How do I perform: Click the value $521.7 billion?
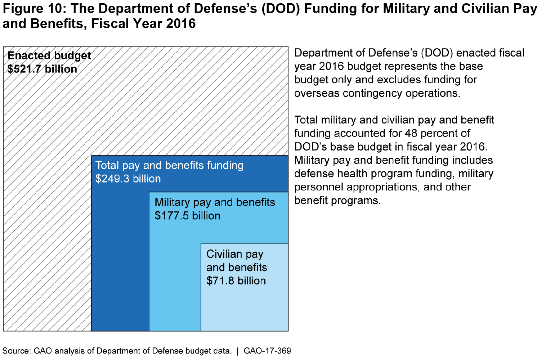(x=42, y=69)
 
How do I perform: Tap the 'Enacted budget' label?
(x=49, y=55)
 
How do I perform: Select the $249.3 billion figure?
(x=128, y=179)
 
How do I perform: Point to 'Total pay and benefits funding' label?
(x=169, y=165)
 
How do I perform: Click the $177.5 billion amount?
(x=187, y=216)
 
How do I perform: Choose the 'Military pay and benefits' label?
(x=215, y=202)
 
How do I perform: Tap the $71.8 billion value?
(x=236, y=281)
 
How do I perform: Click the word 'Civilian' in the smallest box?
(x=224, y=254)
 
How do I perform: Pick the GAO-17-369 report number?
(x=267, y=351)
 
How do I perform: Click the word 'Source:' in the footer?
(x=17, y=351)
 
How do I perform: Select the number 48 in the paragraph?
(x=411, y=133)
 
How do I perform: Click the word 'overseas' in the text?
(x=317, y=93)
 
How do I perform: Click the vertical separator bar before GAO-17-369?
(x=238, y=351)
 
